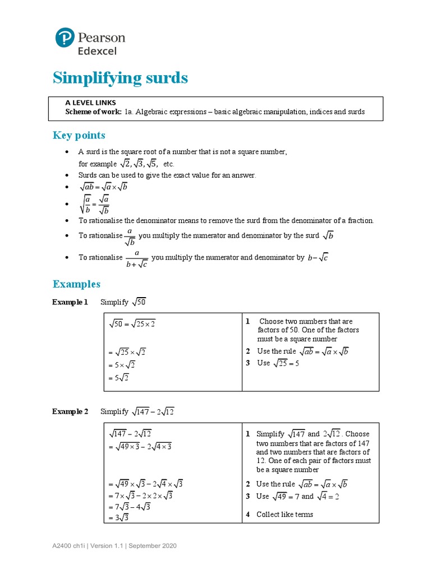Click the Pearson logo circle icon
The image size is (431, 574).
pos(65,38)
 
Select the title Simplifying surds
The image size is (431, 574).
pos(120,78)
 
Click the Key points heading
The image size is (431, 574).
pos(79,135)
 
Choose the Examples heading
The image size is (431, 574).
pos(76,284)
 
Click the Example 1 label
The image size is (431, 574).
pos(70,302)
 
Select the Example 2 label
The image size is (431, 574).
pos(70,411)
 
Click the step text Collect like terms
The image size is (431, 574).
pos(285,515)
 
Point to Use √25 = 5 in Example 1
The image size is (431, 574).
pos(279,363)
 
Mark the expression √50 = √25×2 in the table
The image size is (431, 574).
pos(132,324)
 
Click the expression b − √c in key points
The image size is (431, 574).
pos(318,257)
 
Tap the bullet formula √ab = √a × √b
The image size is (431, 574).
pos(103,187)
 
